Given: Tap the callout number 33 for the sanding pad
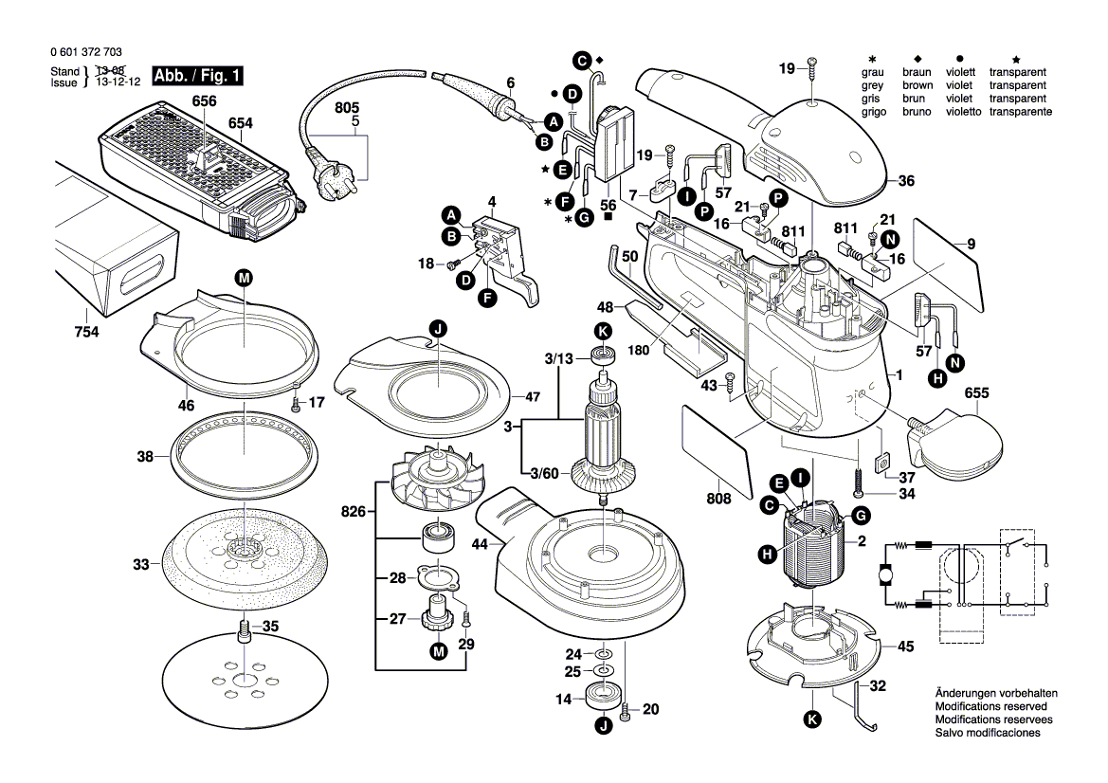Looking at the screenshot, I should [x=141, y=565].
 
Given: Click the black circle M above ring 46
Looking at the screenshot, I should [x=244, y=278].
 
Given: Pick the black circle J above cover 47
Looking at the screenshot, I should [x=438, y=329].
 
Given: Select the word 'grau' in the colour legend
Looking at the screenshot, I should [x=871, y=72].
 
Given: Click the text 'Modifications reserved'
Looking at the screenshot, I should [x=990, y=707].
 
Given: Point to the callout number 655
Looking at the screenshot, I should [x=976, y=393].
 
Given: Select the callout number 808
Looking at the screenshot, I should [x=718, y=499].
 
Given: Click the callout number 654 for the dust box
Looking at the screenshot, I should [x=241, y=123].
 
